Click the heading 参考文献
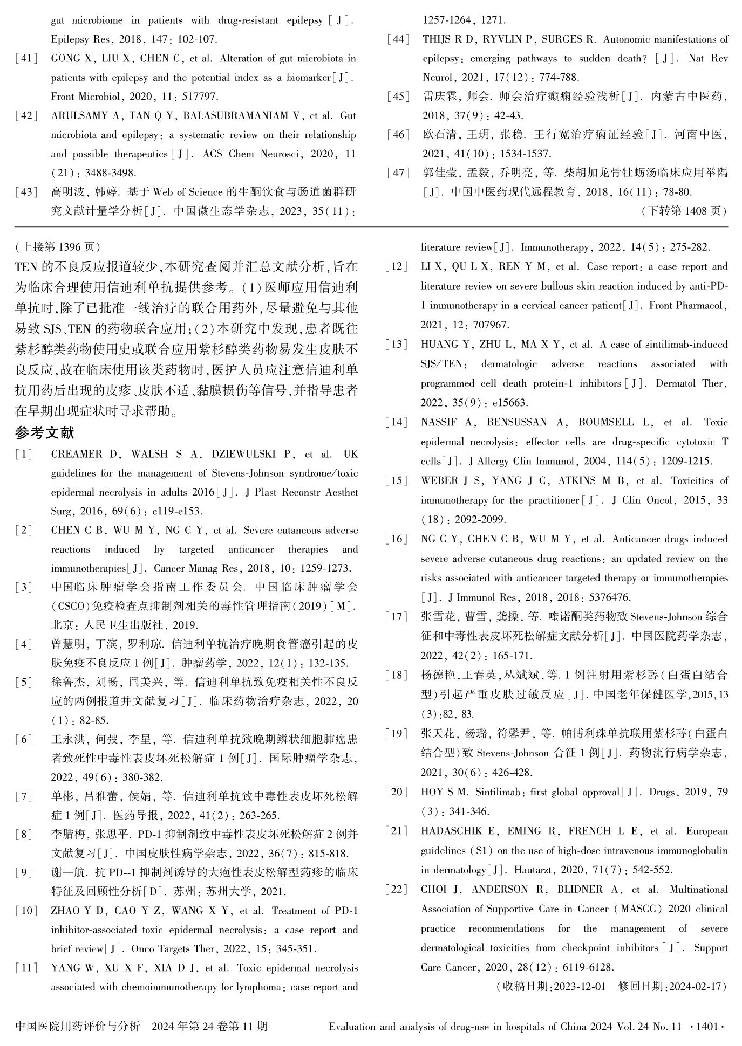tap(45, 432)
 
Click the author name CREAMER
tap(77, 455)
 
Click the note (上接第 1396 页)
tap(58, 247)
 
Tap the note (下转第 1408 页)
tap(684, 211)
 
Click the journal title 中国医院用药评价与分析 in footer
tap(78, 1026)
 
